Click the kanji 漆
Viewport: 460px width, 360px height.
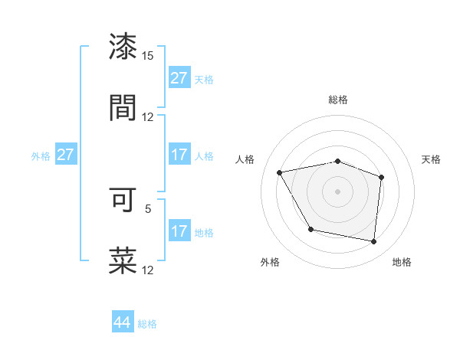[123, 47]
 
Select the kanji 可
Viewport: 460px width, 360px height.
[123, 201]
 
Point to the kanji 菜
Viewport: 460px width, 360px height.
[123, 260]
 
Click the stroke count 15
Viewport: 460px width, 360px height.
[148, 56]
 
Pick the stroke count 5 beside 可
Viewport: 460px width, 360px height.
[148, 208]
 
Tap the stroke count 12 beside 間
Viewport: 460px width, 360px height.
[148, 116]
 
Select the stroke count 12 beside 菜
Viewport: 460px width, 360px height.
[148, 270]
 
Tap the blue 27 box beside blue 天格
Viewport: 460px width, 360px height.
[179, 78]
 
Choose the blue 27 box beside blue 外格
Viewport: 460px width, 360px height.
[66, 155]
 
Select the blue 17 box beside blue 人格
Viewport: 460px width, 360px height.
[179, 155]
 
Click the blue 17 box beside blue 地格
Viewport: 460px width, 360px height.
[179, 231]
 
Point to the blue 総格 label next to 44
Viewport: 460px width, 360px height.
[147, 324]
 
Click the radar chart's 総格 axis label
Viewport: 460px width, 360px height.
[338, 100]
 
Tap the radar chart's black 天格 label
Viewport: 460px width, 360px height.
[432, 159]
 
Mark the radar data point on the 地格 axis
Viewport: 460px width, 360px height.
[374, 242]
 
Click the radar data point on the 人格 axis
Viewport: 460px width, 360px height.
[280, 173]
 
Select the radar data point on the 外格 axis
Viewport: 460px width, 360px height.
[310, 229]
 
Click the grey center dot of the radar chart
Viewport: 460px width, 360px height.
[338, 191]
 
